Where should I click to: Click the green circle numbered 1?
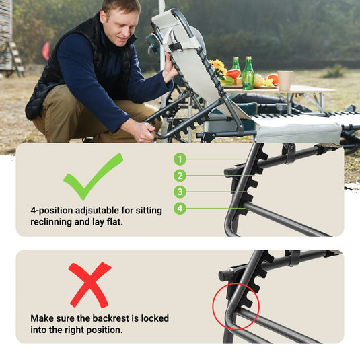tap(180, 159)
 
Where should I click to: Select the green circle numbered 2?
tap(180, 176)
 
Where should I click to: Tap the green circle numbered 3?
tap(180, 192)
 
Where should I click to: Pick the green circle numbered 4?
tap(180, 208)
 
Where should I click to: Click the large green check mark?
tap(93, 176)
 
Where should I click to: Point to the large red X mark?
tap(90, 285)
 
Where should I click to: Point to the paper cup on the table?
tap(285, 81)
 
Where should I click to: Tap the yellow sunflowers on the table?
tap(218, 67)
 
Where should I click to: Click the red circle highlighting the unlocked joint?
tap(236, 307)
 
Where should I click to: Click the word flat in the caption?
tap(115, 222)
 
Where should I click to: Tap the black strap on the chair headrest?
tap(176, 46)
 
